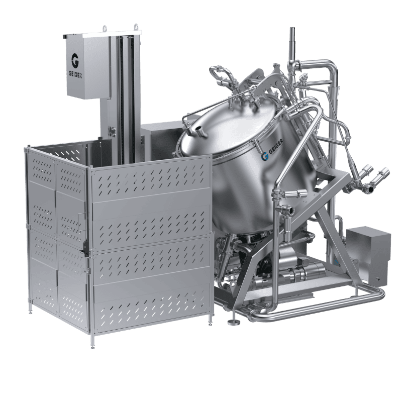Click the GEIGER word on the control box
(x=75, y=74)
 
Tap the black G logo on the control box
(x=75, y=61)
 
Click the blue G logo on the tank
(x=265, y=156)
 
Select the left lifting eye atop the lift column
(x=105, y=28)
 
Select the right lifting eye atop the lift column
(x=136, y=27)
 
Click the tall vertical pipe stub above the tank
(x=292, y=44)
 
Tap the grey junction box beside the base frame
(x=368, y=256)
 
